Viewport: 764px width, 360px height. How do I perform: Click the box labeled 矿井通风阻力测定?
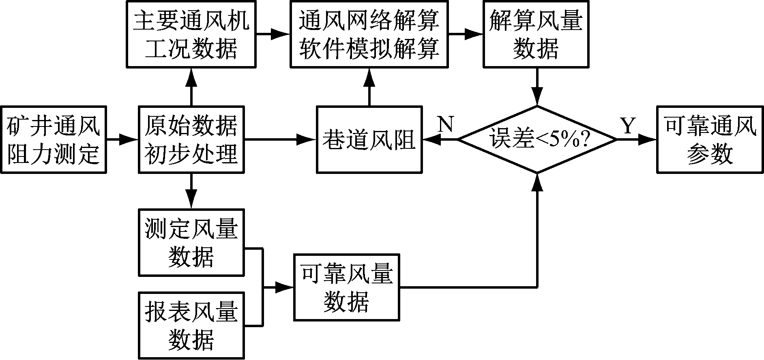coord(54,140)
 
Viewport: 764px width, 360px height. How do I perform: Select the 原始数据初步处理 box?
coord(191,140)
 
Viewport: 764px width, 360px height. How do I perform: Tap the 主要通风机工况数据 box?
coord(191,34)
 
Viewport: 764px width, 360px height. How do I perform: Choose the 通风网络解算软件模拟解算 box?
coord(369,34)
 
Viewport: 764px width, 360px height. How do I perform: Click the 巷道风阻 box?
coord(369,140)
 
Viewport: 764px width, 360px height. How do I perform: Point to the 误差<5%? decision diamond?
coord(537,140)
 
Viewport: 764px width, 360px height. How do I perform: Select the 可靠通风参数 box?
coord(710,140)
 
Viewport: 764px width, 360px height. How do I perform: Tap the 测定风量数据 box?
coord(191,242)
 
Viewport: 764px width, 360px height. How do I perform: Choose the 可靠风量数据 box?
coord(347,287)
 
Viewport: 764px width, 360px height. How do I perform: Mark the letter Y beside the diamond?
coord(627,126)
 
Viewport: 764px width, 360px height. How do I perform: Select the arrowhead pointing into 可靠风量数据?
coord(287,287)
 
